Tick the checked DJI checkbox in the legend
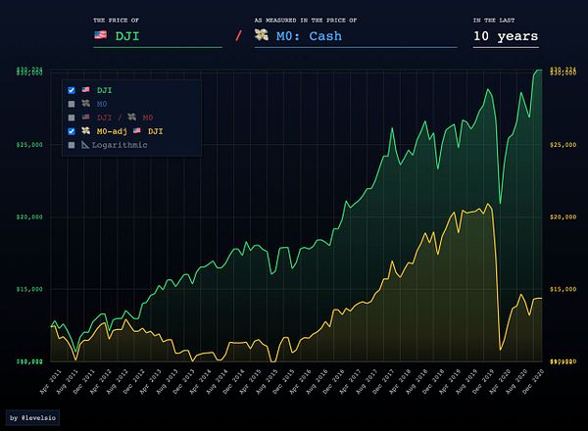point(72,90)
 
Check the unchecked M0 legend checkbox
point(72,104)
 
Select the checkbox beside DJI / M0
point(72,118)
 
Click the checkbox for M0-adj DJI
point(72,131)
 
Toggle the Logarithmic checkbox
point(72,145)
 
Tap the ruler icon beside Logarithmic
point(87,145)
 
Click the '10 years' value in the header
point(505,36)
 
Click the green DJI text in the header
point(127,36)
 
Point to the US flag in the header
point(100,36)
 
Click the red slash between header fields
point(237,37)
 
